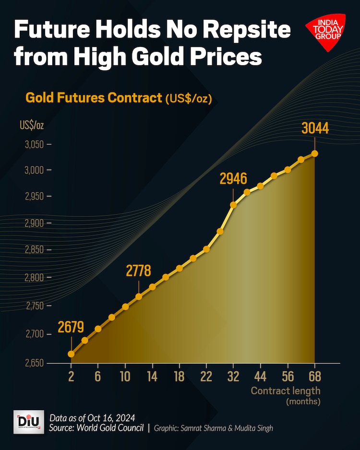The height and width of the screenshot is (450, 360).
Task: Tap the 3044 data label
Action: point(315,129)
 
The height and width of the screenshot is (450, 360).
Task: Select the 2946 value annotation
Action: point(233,179)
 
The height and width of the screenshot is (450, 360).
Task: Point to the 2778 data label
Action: point(138,271)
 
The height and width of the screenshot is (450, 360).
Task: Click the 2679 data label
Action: point(71,328)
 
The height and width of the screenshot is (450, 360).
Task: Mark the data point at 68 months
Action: point(315,154)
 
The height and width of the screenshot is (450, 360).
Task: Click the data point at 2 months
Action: point(71,354)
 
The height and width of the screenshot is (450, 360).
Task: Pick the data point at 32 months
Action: point(233,205)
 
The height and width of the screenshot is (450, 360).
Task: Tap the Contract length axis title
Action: point(285,391)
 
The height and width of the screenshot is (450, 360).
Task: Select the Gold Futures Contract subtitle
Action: point(94,98)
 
